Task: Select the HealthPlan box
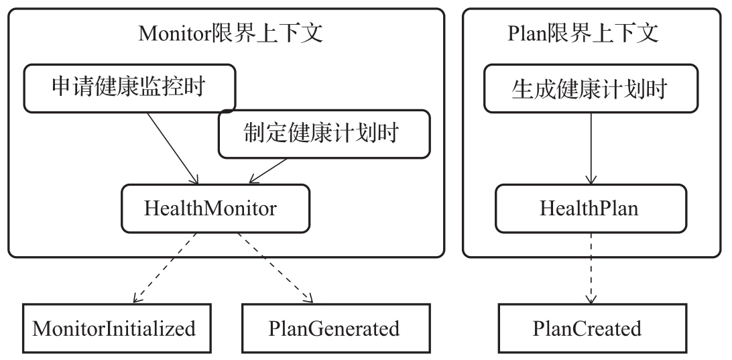[589, 208]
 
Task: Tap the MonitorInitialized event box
[115, 328]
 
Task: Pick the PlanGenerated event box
[333, 328]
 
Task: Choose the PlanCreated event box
[587, 328]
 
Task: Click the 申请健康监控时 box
[129, 88]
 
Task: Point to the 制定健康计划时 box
[324, 134]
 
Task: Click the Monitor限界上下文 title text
[231, 33]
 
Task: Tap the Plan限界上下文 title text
[583, 33]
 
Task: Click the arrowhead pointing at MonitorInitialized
[136, 299]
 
